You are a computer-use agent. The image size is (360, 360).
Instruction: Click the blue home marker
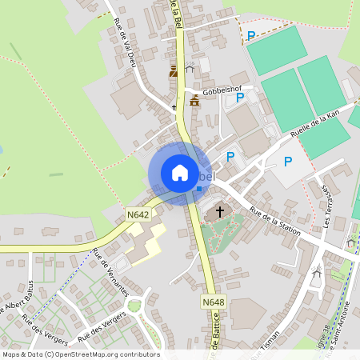click(180, 173)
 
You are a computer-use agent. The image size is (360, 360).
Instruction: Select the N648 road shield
click(213, 302)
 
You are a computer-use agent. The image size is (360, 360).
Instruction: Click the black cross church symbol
click(219, 212)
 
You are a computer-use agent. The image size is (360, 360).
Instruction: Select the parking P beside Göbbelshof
click(240, 97)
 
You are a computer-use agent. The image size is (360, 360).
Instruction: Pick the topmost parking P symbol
click(251, 35)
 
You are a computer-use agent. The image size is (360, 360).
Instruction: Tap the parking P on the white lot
click(288, 162)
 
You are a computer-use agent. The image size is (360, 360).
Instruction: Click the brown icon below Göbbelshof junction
click(195, 100)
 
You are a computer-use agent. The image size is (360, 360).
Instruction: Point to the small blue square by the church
click(199, 189)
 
